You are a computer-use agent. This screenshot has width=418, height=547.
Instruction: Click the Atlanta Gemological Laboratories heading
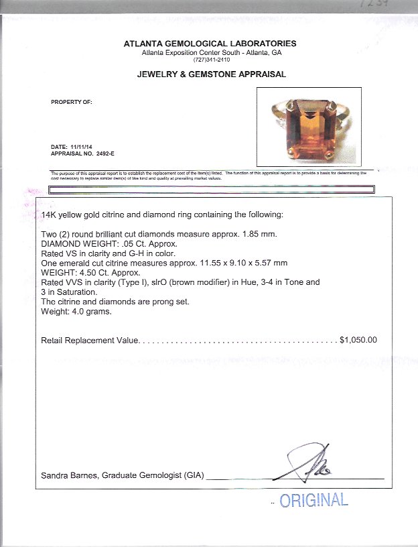click(x=210, y=44)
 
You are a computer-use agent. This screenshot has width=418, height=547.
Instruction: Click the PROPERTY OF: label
click(x=71, y=103)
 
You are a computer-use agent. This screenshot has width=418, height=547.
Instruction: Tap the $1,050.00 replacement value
click(x=358, y=340)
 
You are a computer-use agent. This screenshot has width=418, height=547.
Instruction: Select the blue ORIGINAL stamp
click(x=313, y=500)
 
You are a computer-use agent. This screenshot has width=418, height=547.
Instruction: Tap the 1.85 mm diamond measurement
click(x=262, y=234)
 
